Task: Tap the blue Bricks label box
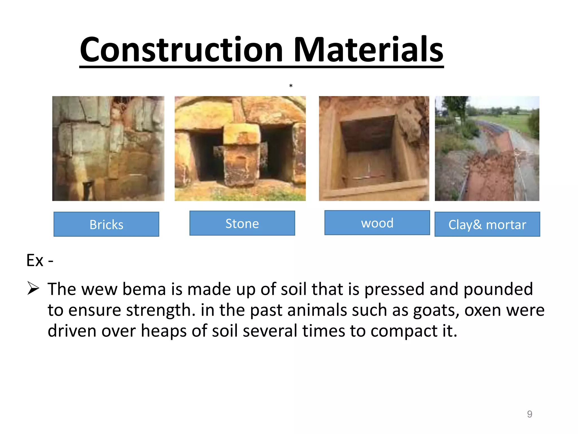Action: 106,224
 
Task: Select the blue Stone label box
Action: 242,223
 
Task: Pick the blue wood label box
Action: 377,223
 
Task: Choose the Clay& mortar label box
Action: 487,224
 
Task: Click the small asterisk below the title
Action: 291,86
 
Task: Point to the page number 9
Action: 529,414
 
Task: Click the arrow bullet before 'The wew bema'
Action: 33,288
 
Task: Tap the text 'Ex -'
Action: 40,260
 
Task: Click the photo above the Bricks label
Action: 108,148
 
